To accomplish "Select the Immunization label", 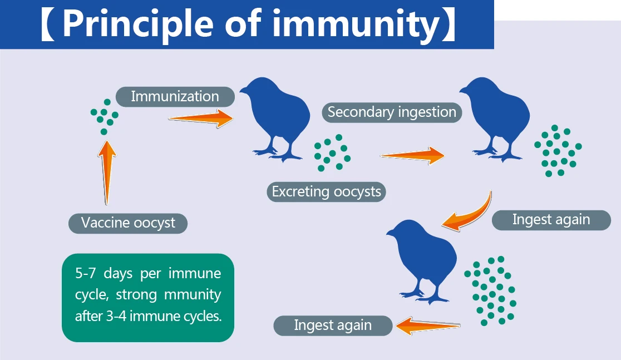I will point(175,96).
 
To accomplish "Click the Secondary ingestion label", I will point(392,112).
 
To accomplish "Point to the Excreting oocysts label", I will point(326,192).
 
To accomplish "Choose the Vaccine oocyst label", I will point(128,223).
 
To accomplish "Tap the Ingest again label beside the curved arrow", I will point(551,220).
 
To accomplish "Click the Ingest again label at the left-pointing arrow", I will point(333,326).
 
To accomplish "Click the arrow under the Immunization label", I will point(201,118).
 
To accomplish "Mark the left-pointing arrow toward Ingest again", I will point(428,326).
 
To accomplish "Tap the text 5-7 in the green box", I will point(85,274).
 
